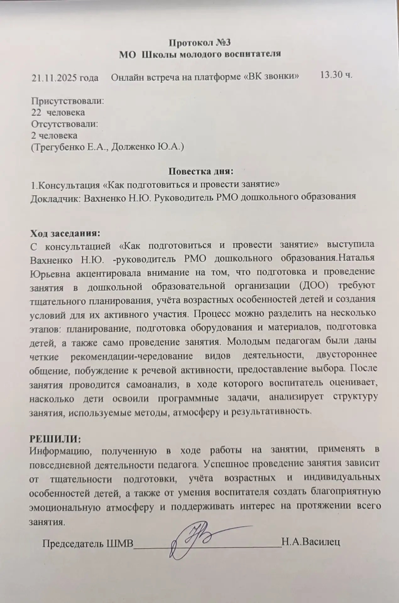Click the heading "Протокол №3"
(x=200, y=42)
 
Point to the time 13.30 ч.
(x=336, y=75)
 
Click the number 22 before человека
(x=36, y=112)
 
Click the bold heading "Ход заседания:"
(x=65, y=234)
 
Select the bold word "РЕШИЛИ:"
(x=55, y=438)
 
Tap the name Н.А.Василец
(x=311, y=542)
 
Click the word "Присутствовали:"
(x=68, y=101)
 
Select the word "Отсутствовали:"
(x=65, y=124)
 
